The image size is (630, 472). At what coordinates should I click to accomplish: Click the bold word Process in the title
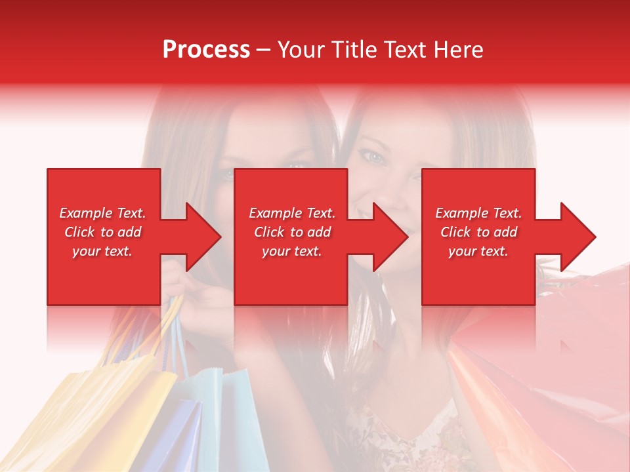pyautogui.click(x=206, y=49)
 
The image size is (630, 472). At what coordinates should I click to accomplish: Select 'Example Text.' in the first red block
pyautogui.click(x=102, y=213)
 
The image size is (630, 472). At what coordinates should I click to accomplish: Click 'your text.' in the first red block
pyautogui.click(x=102, y=251)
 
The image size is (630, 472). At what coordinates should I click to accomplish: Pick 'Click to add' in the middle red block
pyautogui.click(x=292, y=232)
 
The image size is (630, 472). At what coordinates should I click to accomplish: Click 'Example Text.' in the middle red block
pyautogui.click(x=292, y=213)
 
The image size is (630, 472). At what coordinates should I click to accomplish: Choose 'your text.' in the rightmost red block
pyautogui.click(x=478, y=251)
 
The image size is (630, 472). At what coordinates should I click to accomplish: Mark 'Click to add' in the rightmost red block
pyautogui.click(x=478, y=232)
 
